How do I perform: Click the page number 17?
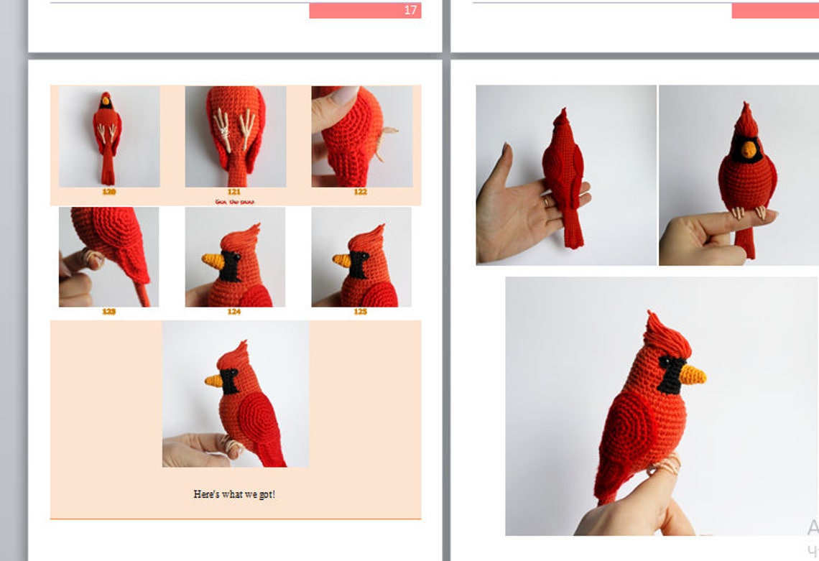[410, 10]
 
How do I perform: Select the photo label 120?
[108, 192]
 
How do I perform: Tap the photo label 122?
[360, 192]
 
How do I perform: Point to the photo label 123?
[108, 312]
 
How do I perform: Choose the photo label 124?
[234, 312]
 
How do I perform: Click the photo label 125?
[360, 312]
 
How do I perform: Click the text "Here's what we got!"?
[234, 494]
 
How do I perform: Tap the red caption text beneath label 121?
[234, 202]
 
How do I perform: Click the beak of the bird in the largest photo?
[693, 374]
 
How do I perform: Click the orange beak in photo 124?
[211, 259]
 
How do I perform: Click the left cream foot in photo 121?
[224, 129]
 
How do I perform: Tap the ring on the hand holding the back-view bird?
[547, 203]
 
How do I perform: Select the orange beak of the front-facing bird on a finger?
[749, 149]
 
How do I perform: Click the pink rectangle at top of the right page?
[774, 10]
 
